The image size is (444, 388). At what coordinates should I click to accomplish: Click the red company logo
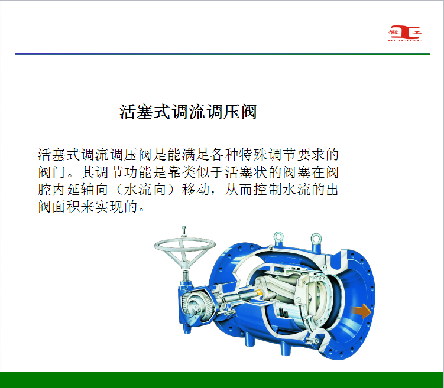point(404,34)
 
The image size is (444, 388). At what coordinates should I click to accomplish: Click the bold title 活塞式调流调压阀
point(188,112)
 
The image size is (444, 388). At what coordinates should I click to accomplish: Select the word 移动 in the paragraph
point(196,190)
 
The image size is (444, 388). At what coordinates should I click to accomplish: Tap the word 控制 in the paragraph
point(268,190)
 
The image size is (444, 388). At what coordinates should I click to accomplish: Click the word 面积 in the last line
point(67,207)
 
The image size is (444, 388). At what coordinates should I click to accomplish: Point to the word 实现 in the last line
point(109,207)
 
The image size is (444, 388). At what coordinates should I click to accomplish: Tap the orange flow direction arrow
point(362,311)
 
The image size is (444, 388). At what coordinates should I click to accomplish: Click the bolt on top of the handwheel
point(183,231)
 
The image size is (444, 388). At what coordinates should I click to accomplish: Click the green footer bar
point(222,380)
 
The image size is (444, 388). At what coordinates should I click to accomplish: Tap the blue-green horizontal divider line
point(222,54)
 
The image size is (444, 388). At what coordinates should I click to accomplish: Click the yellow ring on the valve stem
point(259,293)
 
